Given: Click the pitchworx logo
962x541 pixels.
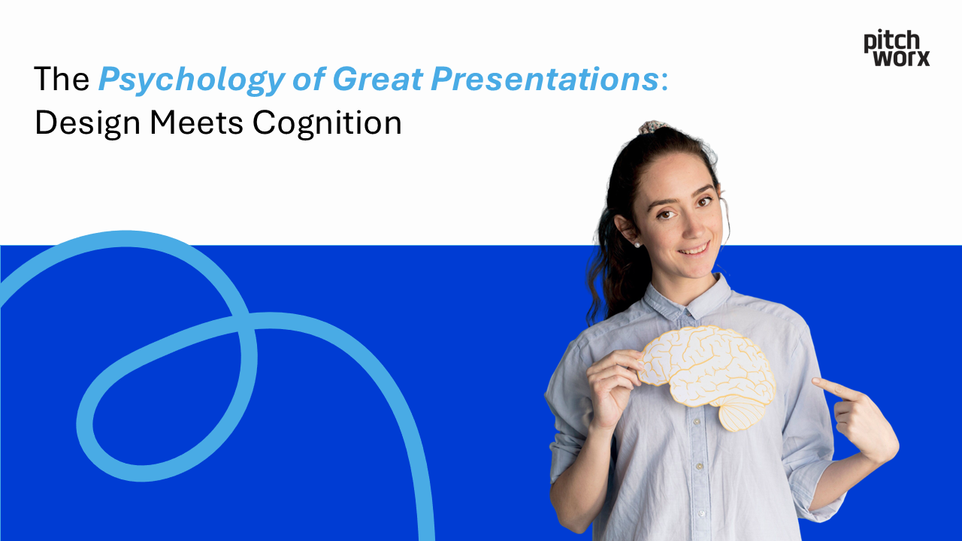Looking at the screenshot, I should (896, 48).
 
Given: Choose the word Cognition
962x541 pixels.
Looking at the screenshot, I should (327, 122).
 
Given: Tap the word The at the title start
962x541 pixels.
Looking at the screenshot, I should (62, 80).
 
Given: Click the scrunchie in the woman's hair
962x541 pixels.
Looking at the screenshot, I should (653, 126).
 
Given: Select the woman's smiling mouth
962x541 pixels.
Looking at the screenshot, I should (694, 248).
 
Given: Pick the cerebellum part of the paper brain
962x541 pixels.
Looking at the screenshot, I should (744, 413).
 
